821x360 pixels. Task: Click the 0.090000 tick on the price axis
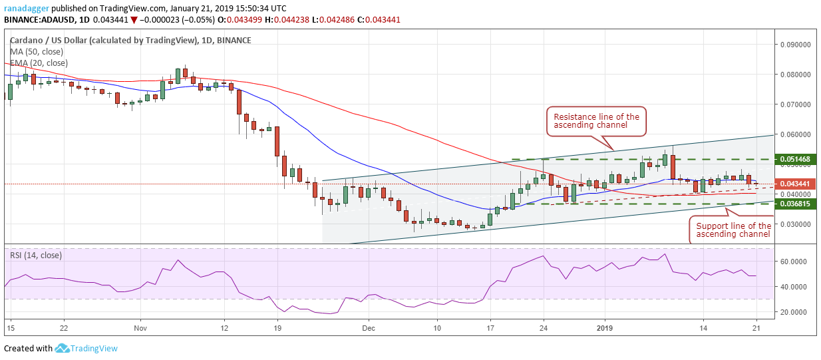click(796, 45)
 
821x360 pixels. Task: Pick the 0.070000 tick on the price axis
click(796, 104)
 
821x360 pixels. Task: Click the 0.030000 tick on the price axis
click(796, 224)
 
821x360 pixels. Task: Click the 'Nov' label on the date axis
click(140, 328)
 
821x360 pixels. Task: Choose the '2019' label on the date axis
click(604, 328)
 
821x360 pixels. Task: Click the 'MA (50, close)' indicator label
click(37, 52)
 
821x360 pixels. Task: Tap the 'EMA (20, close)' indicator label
click(39, 63)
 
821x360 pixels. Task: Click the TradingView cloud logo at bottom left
click(63, 348)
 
